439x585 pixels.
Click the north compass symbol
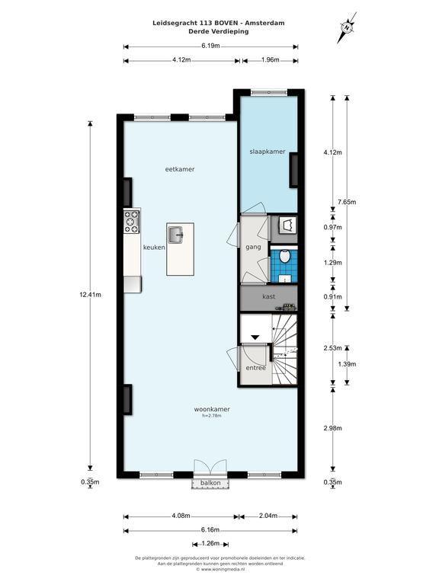[x=348, y=27]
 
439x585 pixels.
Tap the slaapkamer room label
[x=268, y=152]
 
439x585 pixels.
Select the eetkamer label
[x=180, y=169]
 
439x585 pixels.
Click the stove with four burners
[x=132, y=222]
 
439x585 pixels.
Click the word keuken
[x=154, y=248]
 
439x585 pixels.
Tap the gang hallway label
[x=253, y=248]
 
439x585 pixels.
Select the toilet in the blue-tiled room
[x=285, y=256]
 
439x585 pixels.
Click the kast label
[x=269, y=296]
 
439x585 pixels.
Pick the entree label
[x=256, y=368]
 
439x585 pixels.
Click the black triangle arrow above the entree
[x=255, y=337]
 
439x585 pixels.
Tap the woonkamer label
[x=212, y=409]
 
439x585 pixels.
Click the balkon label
[x=210, y=483]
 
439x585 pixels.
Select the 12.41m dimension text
[x=91, y=294]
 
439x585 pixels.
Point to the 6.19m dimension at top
[x=210, y=46]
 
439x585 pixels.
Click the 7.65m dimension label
[x=347, y=202]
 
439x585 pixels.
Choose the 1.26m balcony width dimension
[x=210, y=543]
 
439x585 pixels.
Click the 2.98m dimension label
[x=332, y=428]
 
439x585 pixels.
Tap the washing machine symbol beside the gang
[x=288, y=225]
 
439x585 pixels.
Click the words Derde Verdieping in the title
[x=219, y=31]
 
